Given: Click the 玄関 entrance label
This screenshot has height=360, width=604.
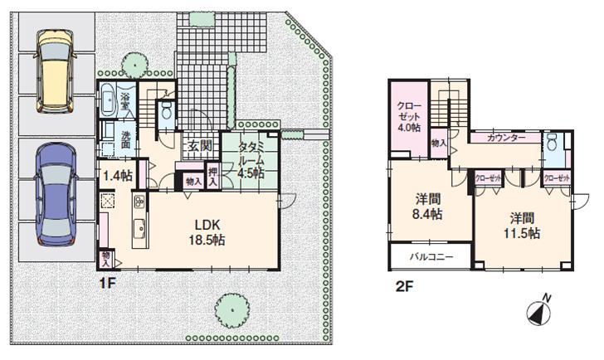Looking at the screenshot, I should point(197,147).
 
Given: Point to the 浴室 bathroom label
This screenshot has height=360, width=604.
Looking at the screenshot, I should point(125,100).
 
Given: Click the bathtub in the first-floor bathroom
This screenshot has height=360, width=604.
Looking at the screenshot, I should point(108,101).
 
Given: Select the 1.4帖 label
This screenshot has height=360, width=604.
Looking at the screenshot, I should point(116,175).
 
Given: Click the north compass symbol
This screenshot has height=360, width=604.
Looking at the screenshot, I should point(538,312).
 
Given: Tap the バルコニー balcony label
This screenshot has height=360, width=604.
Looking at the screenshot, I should point(431,257).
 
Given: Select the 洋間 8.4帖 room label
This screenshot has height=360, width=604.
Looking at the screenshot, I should point(428,207).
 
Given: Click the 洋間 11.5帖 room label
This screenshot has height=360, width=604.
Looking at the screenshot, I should point(523,225).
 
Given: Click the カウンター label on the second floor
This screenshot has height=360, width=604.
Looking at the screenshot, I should point(505,138).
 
